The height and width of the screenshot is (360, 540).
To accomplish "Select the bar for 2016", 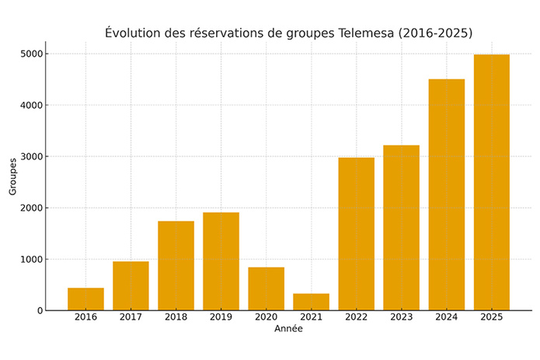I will tap(85, 299).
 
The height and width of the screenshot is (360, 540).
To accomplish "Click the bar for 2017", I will tap(131, 286).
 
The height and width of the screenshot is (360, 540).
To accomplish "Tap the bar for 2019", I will tap(221, 261).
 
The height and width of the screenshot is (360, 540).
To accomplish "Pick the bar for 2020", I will tap(266, 288).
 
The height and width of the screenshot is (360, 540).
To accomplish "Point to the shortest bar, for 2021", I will tap(311, 302).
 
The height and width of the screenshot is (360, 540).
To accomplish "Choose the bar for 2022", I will tap(356, 234).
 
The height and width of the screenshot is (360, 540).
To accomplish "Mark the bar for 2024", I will tap(446, 194).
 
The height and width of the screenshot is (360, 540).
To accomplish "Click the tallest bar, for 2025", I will tap(491, 182).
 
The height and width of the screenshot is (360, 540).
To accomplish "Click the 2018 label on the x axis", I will tap(176, 317).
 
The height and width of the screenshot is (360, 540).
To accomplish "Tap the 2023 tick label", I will tap(401, 317).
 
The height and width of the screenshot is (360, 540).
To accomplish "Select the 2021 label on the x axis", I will tap(311, 317).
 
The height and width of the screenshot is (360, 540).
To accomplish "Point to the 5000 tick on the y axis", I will tap(30, 54).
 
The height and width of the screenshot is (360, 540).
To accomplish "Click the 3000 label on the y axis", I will tap(30, 156).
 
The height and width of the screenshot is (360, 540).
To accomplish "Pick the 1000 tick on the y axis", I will tap(30, 259).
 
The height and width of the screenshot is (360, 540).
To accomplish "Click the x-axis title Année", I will tap(288, 329).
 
